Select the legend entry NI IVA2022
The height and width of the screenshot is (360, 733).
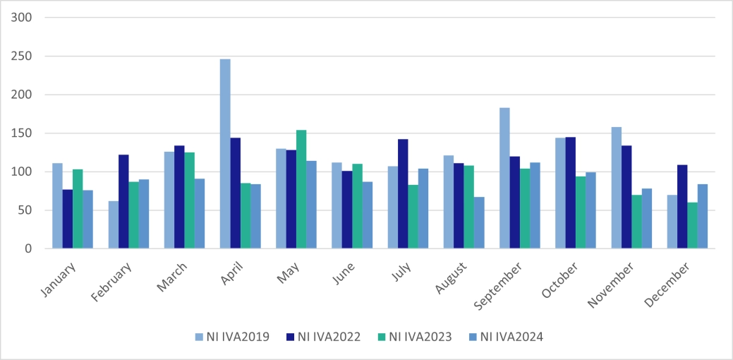click(325, 337)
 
